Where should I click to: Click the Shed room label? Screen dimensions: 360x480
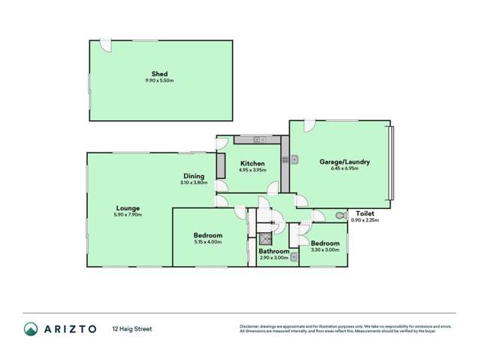159,74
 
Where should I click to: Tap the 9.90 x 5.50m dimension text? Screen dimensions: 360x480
159,80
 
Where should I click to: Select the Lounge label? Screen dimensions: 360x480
127,208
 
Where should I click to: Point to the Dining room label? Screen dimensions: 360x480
193,176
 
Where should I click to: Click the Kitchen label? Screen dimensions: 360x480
252,163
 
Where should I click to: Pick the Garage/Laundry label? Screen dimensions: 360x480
344,162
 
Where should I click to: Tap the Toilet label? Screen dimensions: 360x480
365,213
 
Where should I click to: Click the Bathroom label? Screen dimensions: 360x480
274,251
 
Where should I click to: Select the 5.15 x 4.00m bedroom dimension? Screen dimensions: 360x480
207,242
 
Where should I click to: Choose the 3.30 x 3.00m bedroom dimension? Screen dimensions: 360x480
325,250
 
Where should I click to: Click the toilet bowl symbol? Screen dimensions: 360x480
340,215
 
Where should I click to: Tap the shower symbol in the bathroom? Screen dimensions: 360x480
264,239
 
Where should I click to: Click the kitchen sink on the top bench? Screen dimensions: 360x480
260,139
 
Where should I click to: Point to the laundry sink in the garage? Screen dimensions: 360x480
294,159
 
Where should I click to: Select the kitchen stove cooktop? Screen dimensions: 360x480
285,159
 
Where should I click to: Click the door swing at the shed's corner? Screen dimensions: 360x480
106,46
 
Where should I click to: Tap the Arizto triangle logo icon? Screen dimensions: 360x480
31,328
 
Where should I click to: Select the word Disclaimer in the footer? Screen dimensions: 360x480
249,326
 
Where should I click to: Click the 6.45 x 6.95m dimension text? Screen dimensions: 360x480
344,168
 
